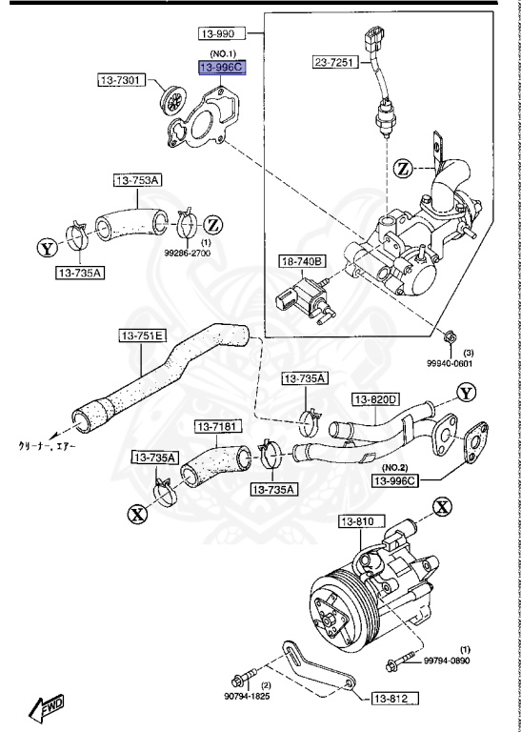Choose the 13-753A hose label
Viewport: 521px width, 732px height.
pos(138,179)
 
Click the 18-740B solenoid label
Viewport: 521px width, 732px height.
pos(302,260)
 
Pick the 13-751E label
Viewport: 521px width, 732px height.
pos(142,335)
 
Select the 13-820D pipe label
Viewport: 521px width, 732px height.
pos(375,398)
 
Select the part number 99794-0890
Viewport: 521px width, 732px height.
pos(449,661)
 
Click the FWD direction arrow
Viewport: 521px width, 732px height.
pos(47,707)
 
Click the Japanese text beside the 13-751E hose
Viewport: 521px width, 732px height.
pos(47,445)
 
